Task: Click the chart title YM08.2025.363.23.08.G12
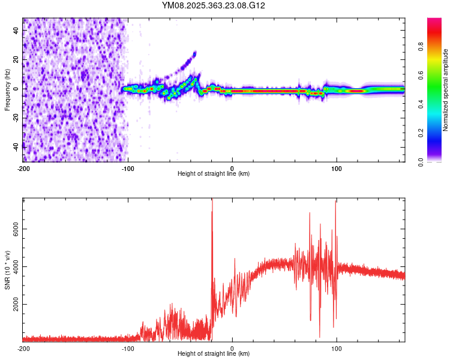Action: tap(214, 5)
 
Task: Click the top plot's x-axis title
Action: tap(214, 173)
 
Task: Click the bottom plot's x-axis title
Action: tap(214, 354)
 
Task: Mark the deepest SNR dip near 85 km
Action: tap(319, 337)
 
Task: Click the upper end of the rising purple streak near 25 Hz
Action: tap(194, 53)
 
